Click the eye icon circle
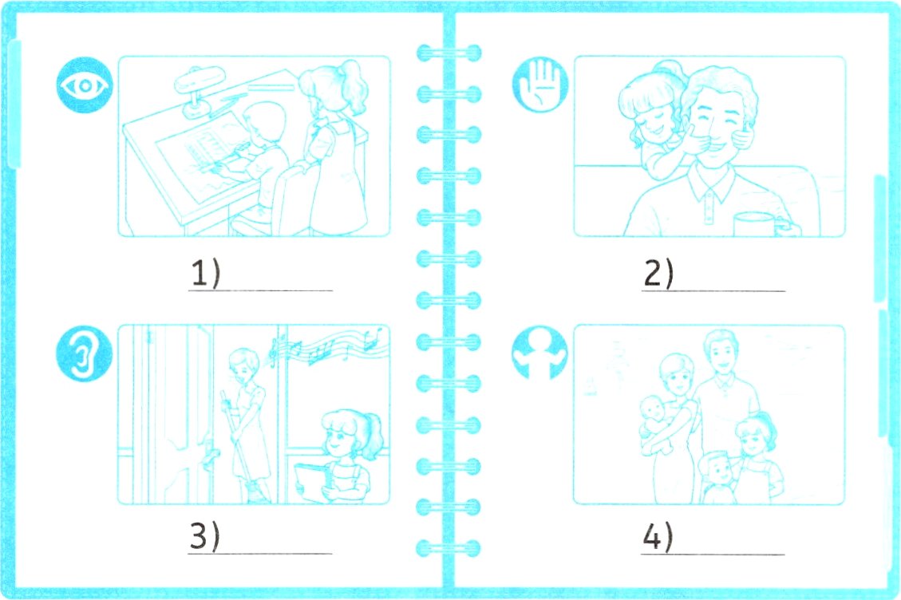(85, 85)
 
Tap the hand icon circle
(540, 85)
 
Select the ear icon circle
(84, 354)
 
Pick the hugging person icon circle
(539, 353)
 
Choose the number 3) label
(205, 537)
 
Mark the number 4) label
(658, 537)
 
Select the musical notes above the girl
(326, 345)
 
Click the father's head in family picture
(721, 353)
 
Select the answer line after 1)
(260, 290)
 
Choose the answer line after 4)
(713, 555)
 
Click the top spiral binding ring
(449, 53)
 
